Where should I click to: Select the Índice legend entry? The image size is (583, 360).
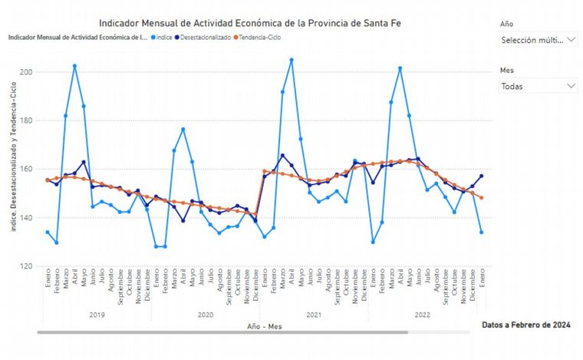pos(162,37)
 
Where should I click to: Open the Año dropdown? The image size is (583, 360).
pos(538,39)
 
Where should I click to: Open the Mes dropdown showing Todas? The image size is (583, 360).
pos(538,86)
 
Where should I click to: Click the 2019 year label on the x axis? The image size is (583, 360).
pos(97,315)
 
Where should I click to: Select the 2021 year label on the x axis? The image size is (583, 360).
pos(314,315)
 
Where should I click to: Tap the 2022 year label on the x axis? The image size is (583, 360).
pos(422,315)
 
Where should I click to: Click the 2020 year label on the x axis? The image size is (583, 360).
pos(206,315)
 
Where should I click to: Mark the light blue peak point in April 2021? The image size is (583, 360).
pos(291,60)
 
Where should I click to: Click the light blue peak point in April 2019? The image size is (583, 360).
pos(74,66)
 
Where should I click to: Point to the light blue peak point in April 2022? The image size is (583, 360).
pos(400,68)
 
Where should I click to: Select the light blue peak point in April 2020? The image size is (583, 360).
pos(183,129)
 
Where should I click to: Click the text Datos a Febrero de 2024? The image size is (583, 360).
pos(526,325)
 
